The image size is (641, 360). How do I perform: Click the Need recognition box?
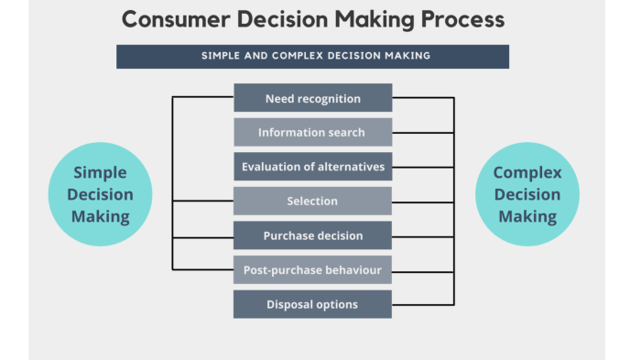coord(312,98)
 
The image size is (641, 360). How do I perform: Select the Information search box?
coord(312,132)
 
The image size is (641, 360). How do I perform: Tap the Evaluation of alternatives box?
coord(312,167)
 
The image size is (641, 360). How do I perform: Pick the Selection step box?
coord(312,201)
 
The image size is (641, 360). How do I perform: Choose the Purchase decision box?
coord(312,235)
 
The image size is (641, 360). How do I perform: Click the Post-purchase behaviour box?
coord(312,270)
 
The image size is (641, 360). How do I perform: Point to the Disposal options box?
coord(312,304)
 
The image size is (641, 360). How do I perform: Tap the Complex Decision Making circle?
coord(527,194)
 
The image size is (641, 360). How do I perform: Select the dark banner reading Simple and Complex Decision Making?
coord(312,56)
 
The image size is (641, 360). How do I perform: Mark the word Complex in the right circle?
coord(527,172)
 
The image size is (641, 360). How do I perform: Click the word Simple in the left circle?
coord(99,172)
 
